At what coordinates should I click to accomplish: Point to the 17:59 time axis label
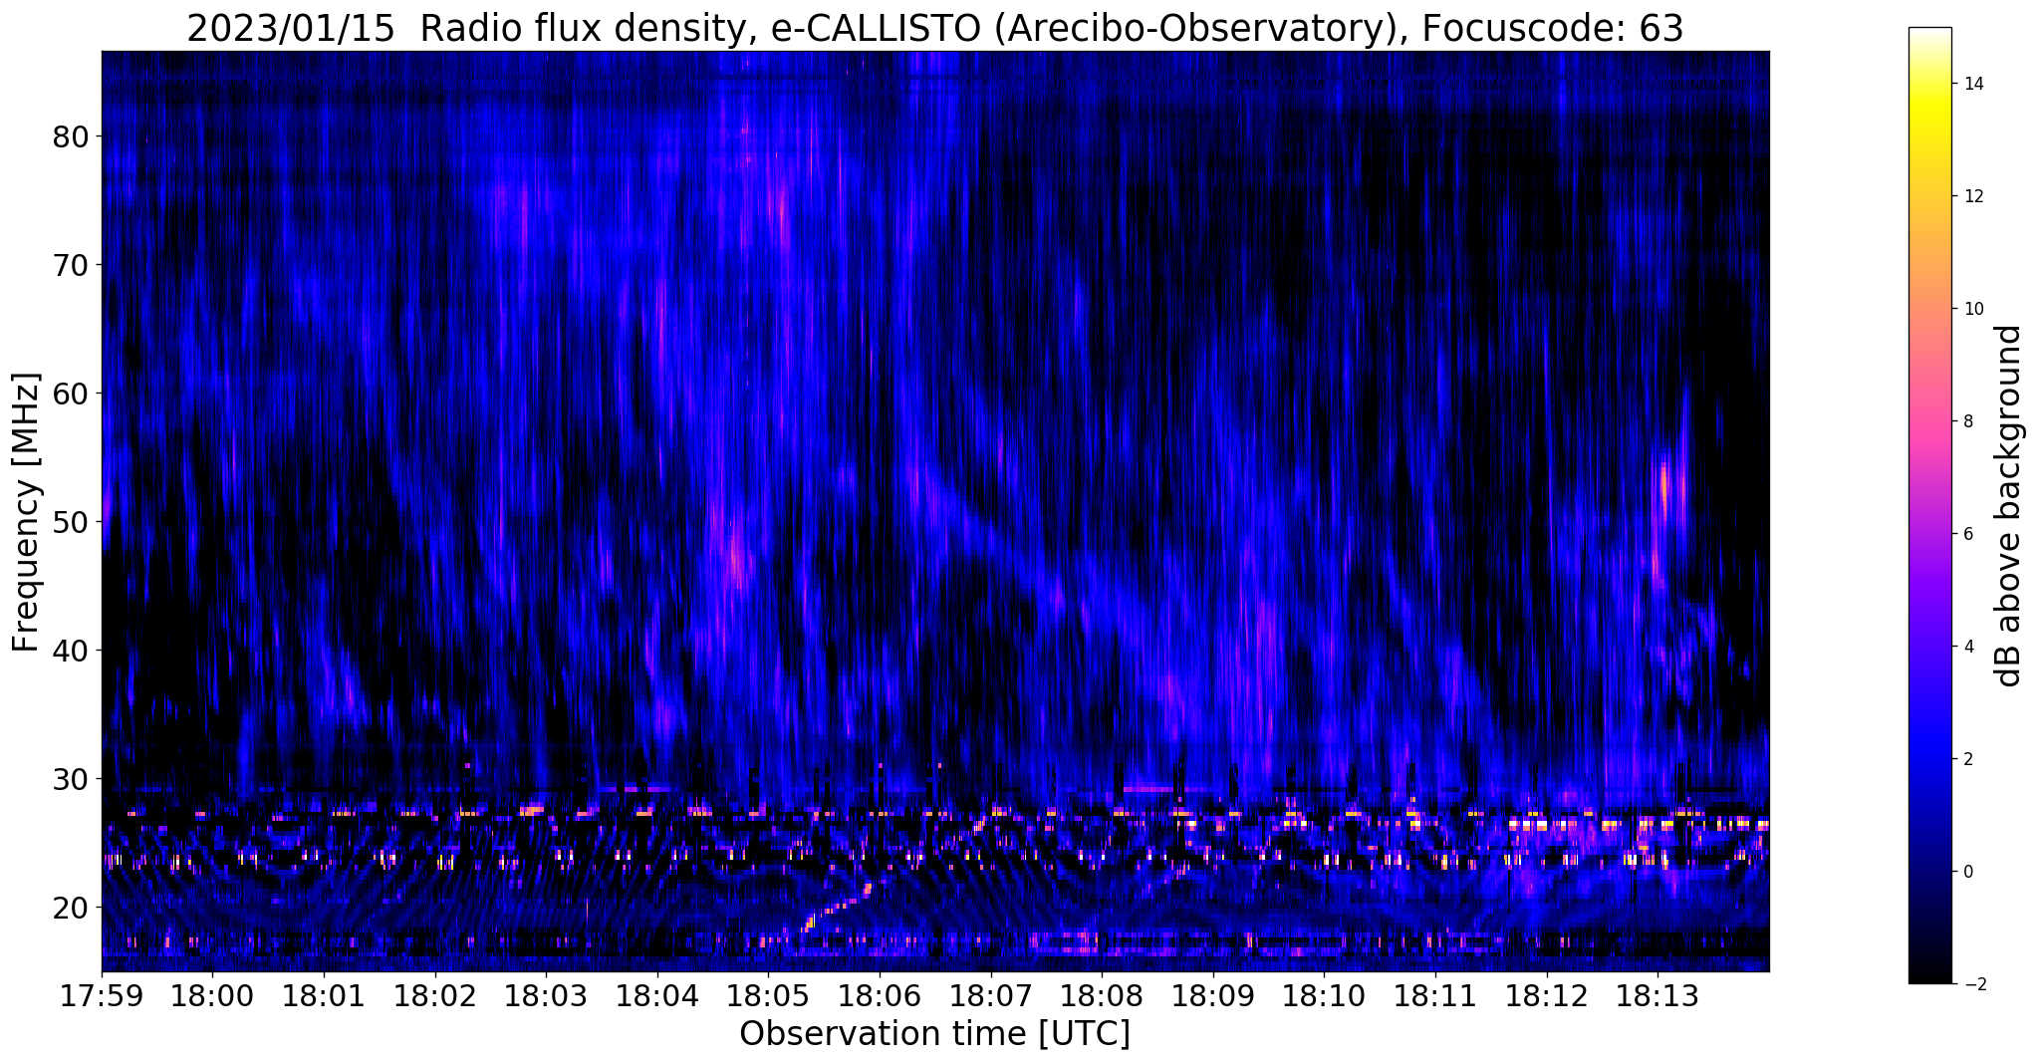coord(102,995)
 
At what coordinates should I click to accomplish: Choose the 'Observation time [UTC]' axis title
coord(934,1034)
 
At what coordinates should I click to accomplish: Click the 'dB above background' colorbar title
coord(2009,505)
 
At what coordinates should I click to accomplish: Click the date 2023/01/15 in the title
coord(291,29)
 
